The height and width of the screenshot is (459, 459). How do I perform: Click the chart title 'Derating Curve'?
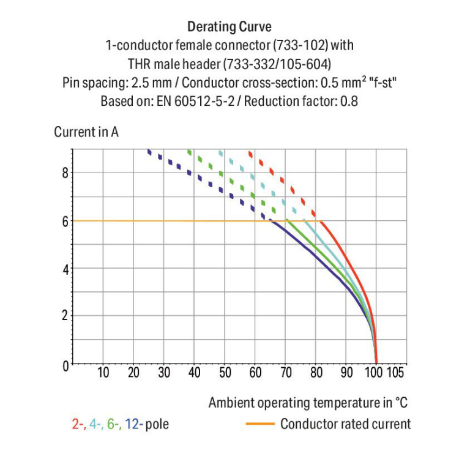click(229, 27)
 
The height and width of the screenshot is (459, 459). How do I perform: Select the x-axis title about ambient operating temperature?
click(308, 403)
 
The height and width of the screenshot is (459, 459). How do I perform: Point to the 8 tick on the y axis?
click(66, 173)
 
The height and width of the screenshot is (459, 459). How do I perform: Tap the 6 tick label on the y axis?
click(66, 221)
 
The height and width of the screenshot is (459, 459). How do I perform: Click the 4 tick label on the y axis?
click(66, 269)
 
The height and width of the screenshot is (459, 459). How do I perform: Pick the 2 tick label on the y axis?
click(66, 316)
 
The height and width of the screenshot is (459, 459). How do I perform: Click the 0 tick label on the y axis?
click(66, 365)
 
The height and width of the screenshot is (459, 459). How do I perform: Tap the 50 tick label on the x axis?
click(225, 373)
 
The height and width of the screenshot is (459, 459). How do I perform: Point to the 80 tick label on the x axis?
click(316, 373)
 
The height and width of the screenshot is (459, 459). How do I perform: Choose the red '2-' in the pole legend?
click(78, 424)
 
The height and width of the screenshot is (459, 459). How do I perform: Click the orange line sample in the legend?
click(259, 424)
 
